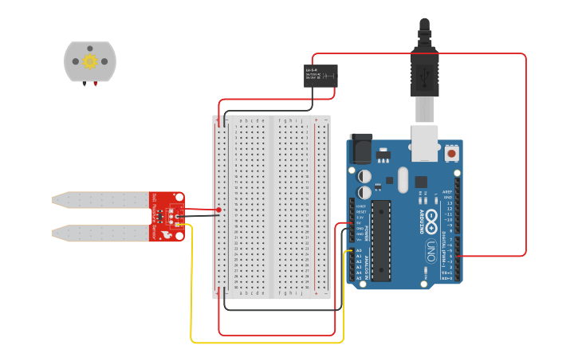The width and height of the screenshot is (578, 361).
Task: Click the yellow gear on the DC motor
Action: (x=90, y=61)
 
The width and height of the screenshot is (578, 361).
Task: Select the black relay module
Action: (x=320, y=76)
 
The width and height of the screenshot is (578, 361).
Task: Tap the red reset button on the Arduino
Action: (x=452, y=152)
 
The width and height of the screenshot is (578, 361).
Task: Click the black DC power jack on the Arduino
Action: (x=361, y=149)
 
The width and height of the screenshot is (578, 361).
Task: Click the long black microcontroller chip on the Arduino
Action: (x=381, y=240)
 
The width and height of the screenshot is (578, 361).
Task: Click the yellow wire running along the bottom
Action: (x=267, y=343)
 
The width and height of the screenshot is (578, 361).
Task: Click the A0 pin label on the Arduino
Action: (x=359, y=250)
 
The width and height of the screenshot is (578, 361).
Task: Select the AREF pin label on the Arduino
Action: (x=447, y=192)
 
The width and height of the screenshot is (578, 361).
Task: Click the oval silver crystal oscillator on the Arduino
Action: (x=402, y=179)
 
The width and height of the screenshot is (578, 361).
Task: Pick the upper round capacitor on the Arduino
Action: (x=364, y=176)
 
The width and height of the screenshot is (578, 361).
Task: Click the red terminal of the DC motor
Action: (x=96, y=84)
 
